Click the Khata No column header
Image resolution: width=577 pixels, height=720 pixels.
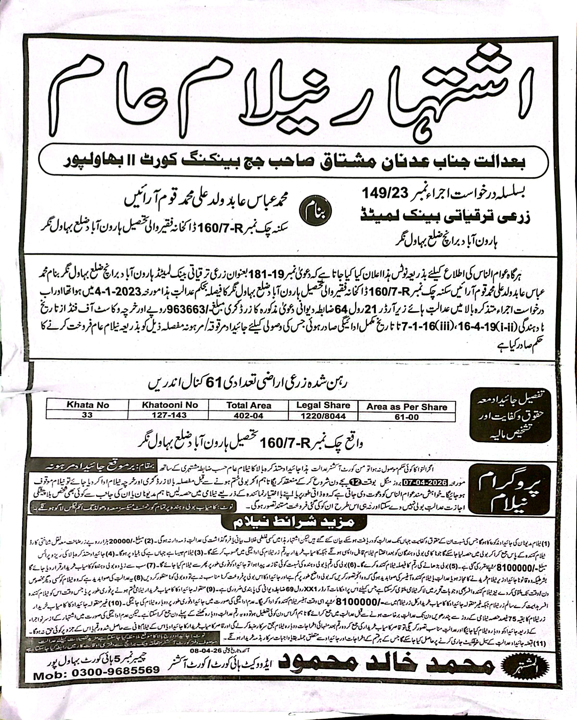(88, 405)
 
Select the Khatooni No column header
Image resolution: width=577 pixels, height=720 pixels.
(170, 405)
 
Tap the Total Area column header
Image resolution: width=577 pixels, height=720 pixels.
(248, 405)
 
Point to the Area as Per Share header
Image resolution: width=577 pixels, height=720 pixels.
(406, 407)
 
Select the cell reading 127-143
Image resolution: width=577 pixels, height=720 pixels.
(169, 415)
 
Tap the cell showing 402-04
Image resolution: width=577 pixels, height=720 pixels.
(248, 416)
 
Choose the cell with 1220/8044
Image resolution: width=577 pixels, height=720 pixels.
(323, 416)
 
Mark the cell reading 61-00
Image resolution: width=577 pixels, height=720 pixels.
(406, 417)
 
